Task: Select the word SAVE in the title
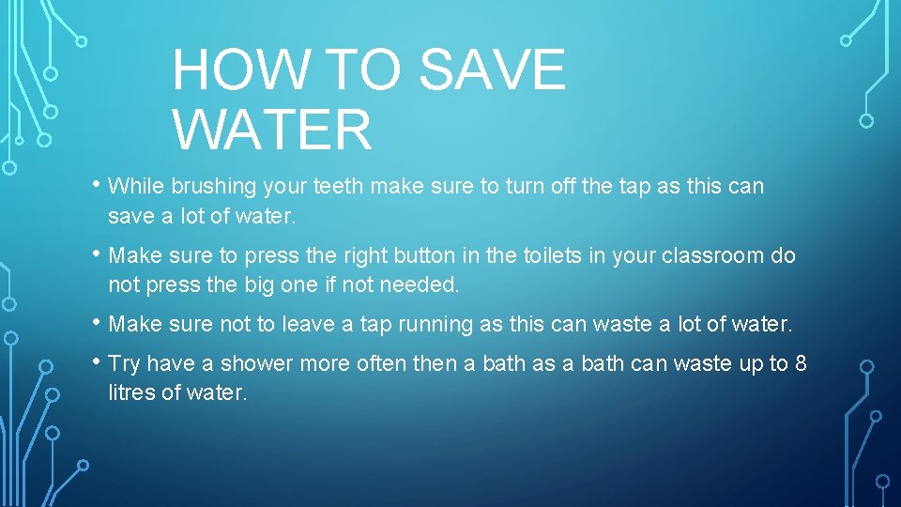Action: [x=493, y=69]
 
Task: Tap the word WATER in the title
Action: [x=272, y=130]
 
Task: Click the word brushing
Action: [x=214, y=187]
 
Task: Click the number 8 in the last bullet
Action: [x=801, y=363]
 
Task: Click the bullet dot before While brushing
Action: [x=97, y=185]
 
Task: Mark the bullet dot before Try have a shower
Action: [x=97, y=361]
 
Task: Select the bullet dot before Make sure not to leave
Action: [x=97, y=322]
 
